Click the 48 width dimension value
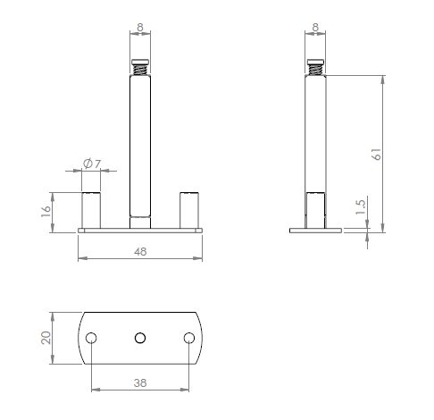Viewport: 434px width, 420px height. pyautogui.click(x=140, y=252)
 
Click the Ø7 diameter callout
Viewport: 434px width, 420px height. pyautogui.click(x=92, y=164)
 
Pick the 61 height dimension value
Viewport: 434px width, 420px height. pyautogui.click(x=378, y=153)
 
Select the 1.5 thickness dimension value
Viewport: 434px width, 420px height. pyautogui.click(x=361, y=206)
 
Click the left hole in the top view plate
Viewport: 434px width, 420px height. pyautogui.click(x=91, y=338)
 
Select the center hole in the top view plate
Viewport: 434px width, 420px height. pyautogui.click(x=140, y=338)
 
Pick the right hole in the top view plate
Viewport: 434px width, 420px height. pyautogui.click(x=189, y=338)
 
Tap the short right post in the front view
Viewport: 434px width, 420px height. pyautogui.click(x=188, y=210)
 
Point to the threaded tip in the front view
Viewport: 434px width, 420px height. pyautogui.click(x=140, y=67)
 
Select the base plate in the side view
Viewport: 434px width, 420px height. pyautogui.click(x=315, y=231)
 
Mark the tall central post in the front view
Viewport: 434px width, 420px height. pyautogui.click(x=140, y=143)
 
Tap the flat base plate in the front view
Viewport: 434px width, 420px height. pyautogui.click(x=140, y=231)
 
